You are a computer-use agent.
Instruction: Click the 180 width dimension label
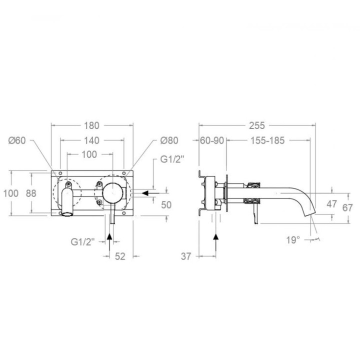(91, 125)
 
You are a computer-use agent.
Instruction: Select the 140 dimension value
(91, 140)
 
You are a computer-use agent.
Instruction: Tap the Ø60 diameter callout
(17, 140)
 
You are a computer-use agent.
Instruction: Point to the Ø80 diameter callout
(169, 140)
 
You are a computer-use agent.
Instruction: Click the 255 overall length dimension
(257, 125)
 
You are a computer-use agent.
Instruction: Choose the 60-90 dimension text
(212, 140)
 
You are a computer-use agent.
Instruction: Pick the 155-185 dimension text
(267, 140)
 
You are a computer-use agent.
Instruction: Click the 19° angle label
(293, 240)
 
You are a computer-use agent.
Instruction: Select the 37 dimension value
(185, 256)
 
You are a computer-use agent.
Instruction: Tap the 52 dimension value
(120, 256)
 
